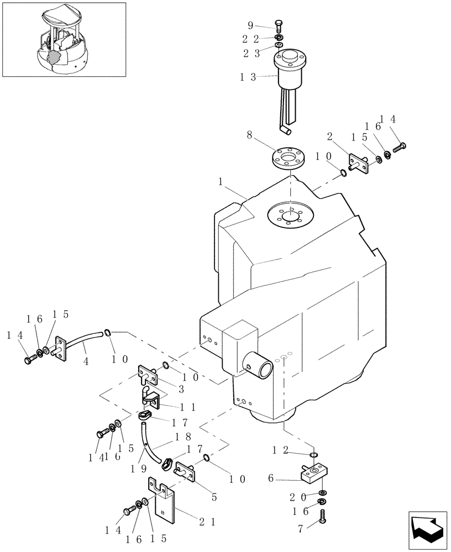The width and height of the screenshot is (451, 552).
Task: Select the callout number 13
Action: pos(249,78)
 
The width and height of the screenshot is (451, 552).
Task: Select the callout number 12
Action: pos(281,450)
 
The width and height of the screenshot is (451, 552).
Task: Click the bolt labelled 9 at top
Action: pos(279,25)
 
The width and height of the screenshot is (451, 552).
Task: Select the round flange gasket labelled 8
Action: pos(290,155)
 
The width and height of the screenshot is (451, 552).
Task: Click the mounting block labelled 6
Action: pos(315,473)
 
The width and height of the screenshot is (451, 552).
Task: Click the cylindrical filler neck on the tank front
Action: pos(259,367)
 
